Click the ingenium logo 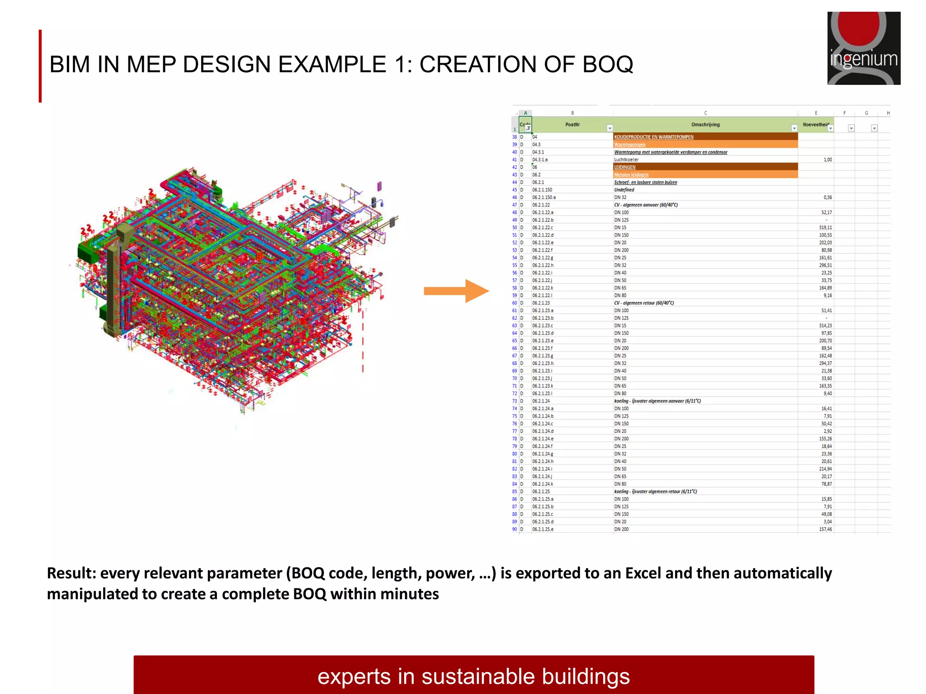(x=864, y=48)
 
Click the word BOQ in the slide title (x=607, y=64)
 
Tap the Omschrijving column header (x=705, y=125)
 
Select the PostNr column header (x=572, y=125)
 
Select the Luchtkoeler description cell (x=626, y=159)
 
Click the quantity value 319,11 (x=825, y=228)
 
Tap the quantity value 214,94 (x=825, y=469)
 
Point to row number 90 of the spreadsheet (x=515, y=529)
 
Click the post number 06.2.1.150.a (x=544, y=197)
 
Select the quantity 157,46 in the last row (x=825, y=529)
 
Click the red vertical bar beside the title (x=40, y=66)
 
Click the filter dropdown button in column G (x=874, y=128)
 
